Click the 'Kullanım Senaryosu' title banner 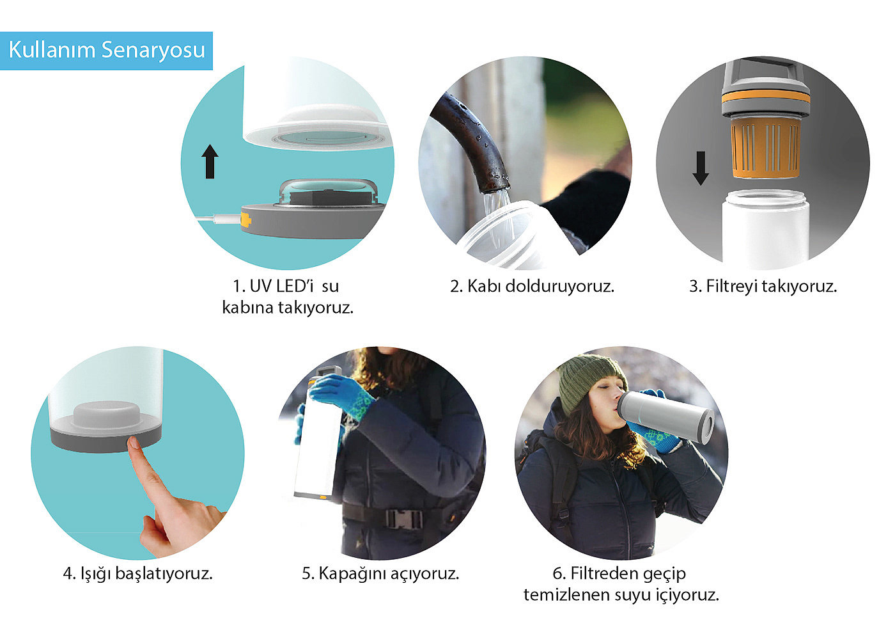[x=106, y=51]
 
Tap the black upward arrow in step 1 [x=210, y=161]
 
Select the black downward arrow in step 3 [x=701, y=168]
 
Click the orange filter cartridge [x=766, y=148]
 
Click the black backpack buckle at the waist [x=403, y=518]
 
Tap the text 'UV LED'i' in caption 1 [x=281, y=286]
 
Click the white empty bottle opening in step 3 [x=766, y=196]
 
